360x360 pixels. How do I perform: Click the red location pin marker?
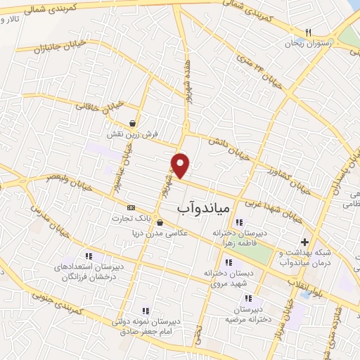181,165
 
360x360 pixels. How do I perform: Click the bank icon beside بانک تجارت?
131,207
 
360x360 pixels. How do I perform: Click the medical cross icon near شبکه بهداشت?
304,241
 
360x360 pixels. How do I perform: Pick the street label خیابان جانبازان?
53,50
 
